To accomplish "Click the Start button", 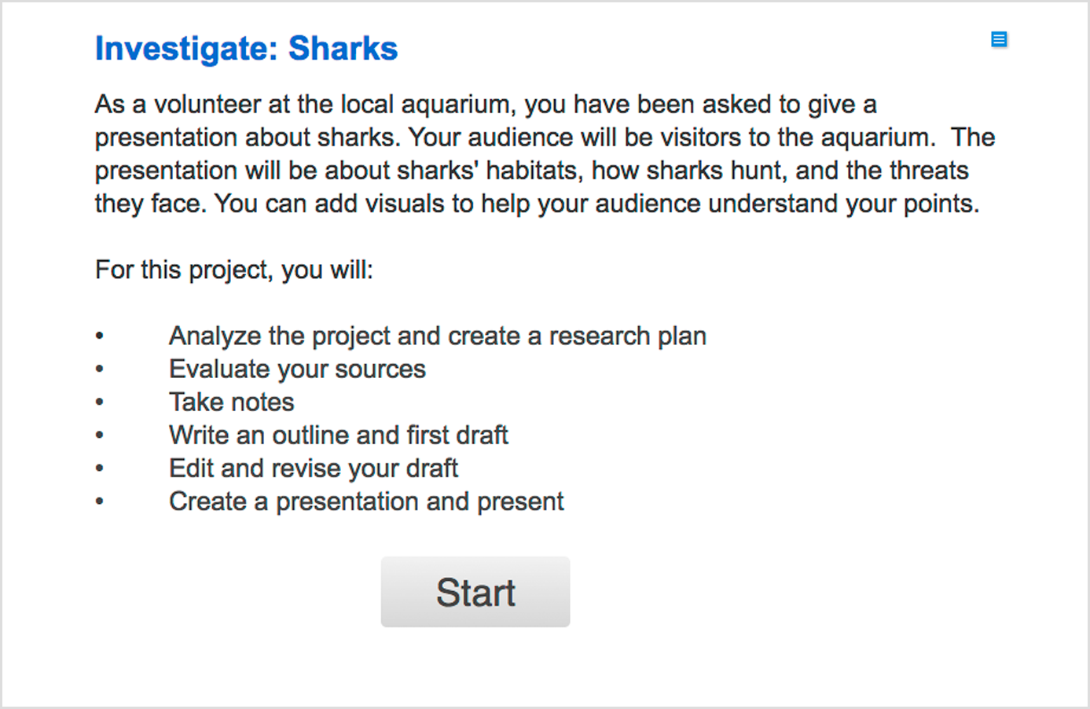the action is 475,592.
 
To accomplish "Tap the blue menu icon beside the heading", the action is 999,39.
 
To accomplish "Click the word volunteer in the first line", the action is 207,104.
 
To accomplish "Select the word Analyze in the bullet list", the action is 215,336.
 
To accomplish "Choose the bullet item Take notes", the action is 232,402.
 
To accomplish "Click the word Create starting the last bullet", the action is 207,501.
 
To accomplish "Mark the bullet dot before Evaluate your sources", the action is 100,369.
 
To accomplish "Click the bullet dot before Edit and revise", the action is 100,468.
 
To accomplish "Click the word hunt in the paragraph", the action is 759,171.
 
